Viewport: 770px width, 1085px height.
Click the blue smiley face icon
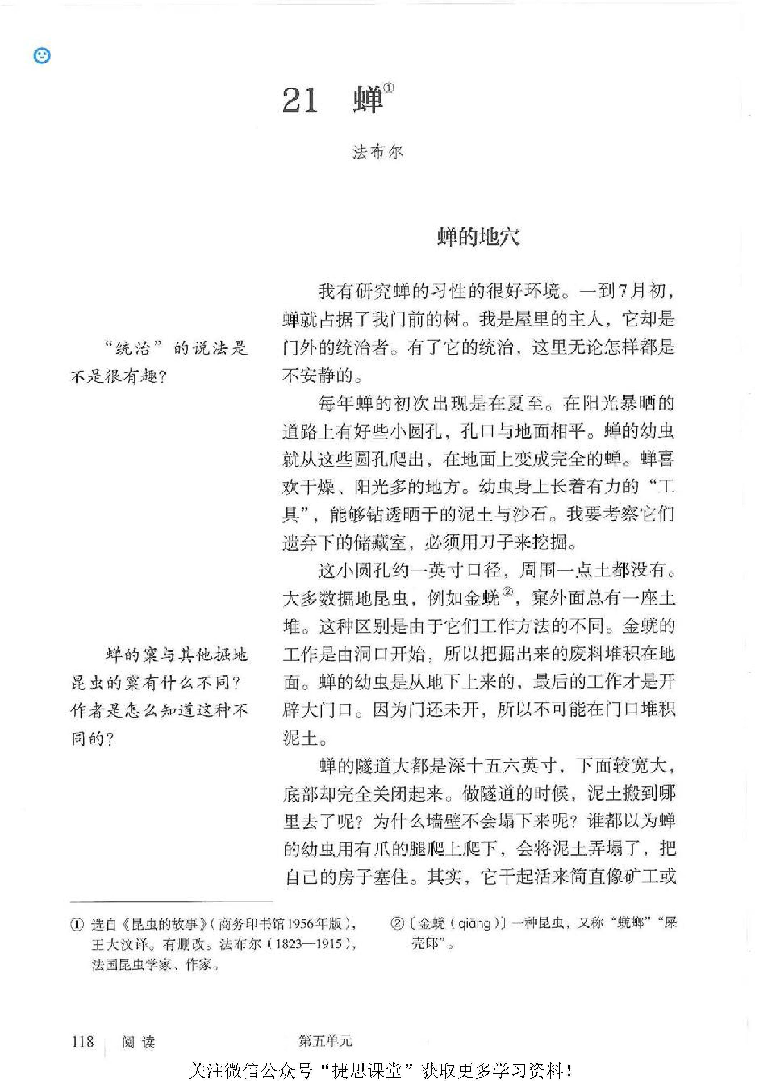coord(42,56)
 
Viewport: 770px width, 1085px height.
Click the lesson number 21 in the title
coord(300,100)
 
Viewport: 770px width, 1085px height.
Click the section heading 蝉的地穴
coord(478,237)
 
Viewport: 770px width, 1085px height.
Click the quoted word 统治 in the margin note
coord(133,348)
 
